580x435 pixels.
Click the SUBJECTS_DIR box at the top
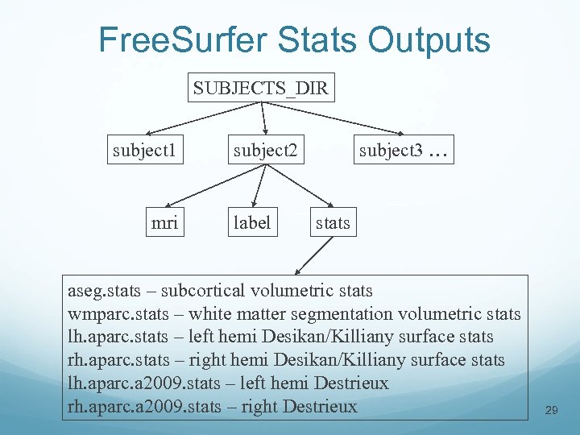pos(261,88)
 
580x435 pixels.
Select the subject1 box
pos(146,150)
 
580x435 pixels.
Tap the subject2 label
pos(265,150)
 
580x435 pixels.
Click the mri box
pos(164,222)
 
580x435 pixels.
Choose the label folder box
pos(251,222)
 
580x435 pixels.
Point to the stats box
pos(333,222)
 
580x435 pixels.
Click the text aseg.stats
pos(104,290)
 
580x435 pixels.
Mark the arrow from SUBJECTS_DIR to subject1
pos(205,118)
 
